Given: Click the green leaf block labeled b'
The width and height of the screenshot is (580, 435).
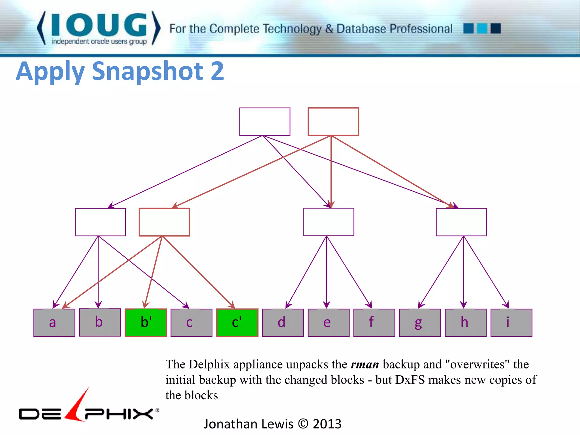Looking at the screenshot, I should (x=146, y=323).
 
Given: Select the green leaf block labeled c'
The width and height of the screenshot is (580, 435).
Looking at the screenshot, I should (x=237, y=323).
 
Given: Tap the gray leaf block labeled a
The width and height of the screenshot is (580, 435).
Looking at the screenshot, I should (x=54, y=323).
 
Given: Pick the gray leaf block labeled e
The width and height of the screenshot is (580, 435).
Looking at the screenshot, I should (x=329, y=323).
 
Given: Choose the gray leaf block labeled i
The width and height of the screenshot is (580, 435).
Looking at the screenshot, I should (x=511, y=323).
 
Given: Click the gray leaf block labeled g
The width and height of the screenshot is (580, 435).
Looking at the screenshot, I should (x=420, y=323).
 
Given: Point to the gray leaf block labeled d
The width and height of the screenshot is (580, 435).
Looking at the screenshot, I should (x=283, y=323).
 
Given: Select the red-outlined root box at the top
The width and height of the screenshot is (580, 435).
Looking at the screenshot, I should (x=333, y=122).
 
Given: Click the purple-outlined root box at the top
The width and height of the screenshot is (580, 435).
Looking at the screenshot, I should (x=265, y=122).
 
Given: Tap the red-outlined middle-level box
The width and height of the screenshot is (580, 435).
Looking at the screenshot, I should (x=164, y=222).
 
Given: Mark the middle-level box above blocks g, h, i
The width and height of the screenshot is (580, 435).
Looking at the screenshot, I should (x=461, y=222).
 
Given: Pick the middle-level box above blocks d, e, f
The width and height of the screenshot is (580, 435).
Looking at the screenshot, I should (x=329, y=222).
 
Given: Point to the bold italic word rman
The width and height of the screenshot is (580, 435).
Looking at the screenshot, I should (x=365, y=364).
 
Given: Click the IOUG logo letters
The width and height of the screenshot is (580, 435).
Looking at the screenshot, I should (x=99, y=25).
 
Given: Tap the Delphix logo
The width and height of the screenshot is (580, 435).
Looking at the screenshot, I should (x=89, y=409).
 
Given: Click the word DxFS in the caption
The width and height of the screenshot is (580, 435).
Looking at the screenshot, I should (x=410, y=380).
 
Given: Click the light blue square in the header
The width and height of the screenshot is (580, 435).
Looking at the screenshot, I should (x=482, y=29).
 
